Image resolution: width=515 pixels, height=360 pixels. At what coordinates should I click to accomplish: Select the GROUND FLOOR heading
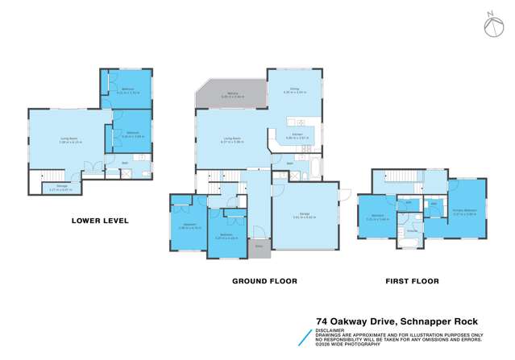pyautogui.click(x=264, y=281)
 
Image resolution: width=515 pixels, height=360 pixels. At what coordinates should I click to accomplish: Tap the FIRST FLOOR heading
pyautogui.click(x=412, y=281)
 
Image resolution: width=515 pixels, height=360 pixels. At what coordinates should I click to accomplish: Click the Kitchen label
pyautogui.click(x=296, y=135)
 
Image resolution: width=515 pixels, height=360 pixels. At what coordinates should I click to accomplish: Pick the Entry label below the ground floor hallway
pyautogui.click(x=259, y=246)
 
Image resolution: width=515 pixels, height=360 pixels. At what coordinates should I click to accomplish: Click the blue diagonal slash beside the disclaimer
pyautogui.click(x=306, y=337)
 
